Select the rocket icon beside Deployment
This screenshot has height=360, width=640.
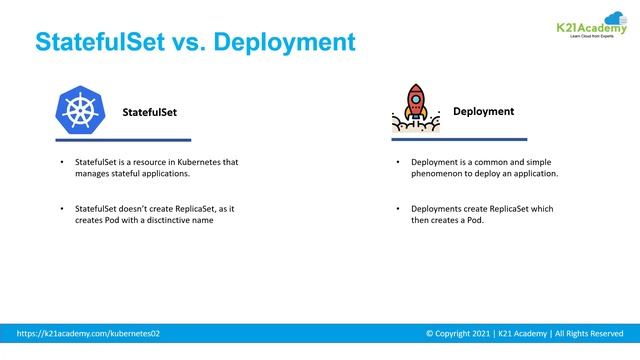(415, 107)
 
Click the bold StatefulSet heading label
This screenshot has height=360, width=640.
(149, 112)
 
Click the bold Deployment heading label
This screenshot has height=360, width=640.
(483, 111)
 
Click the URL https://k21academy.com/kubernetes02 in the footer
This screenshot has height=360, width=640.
(88, 333)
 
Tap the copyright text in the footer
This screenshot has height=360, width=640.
(524, 333)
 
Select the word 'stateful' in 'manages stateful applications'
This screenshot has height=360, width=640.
(125, 173)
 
